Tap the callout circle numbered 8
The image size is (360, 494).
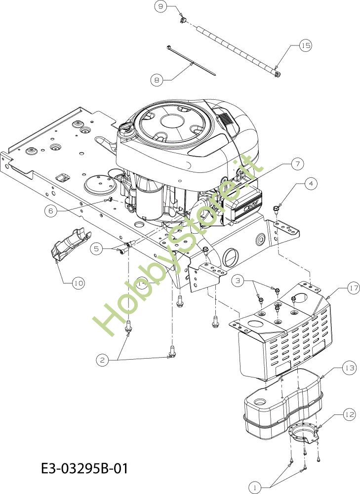click(157, 79)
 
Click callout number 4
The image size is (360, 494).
click(311, 184)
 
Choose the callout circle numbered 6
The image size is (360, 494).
click(51, 211)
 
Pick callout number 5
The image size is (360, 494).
click(97, 249)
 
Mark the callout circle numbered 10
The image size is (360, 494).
click(78, 284)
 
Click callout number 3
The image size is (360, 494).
click(239, 281)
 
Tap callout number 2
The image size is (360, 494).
click(103, 361)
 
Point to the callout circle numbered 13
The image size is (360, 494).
click(349, 368)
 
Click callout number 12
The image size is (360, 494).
click(349, 415)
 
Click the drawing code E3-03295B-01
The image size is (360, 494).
click(85, 467)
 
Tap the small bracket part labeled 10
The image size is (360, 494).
click(70, 243)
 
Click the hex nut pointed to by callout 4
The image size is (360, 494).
click(278, 207)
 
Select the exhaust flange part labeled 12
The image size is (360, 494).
click(303, 433)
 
